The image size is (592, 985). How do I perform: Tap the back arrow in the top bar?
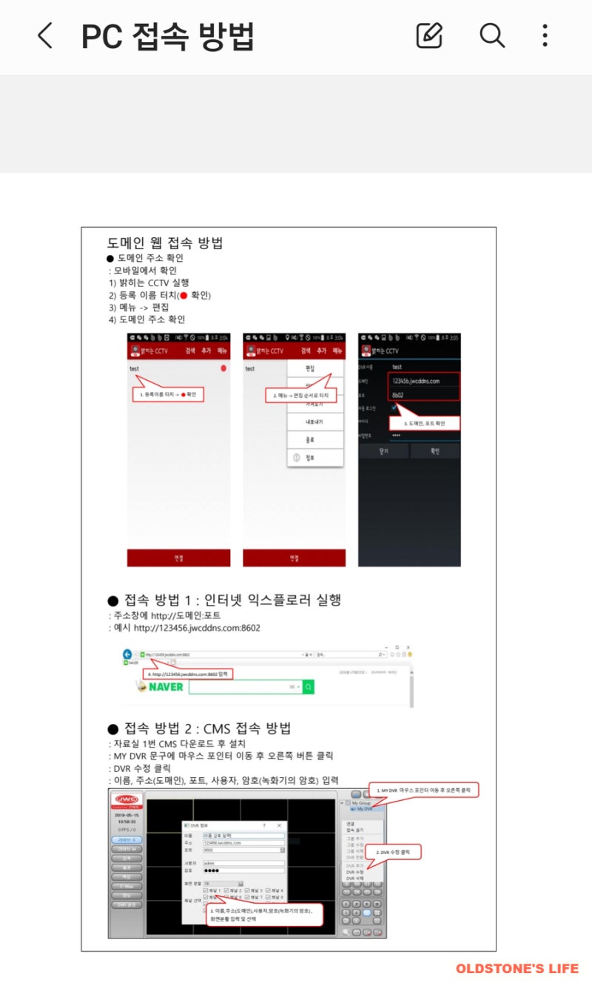click(45, 35)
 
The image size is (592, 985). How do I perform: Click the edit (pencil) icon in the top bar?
click(429, 35)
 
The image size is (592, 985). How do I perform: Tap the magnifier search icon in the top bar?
click(491, 35)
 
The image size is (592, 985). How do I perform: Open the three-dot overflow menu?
click(545, 35)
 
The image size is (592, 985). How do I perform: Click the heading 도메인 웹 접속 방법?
click(165, 243)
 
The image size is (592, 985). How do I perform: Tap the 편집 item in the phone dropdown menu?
click(310, 368)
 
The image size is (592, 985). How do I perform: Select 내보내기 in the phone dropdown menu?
click(314, 422)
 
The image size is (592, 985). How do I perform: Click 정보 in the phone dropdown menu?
click(310, 458)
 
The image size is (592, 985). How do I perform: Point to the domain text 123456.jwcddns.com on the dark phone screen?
click(416, 381)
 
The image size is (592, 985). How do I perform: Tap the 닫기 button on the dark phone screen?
click(383, 450)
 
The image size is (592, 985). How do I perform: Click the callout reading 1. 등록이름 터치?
click(169, 394)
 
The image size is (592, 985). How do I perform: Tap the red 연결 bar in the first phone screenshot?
click(178, 558)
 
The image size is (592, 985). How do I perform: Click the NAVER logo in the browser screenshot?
click(161, 687)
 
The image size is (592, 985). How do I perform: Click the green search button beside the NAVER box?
click(309, 687)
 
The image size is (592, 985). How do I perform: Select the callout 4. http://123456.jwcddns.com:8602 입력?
click(189, 674)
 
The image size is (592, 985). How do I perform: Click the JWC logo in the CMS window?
click(127, 801)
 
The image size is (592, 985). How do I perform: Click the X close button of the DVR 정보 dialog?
click(279, 825)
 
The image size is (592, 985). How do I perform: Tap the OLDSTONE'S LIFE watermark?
click(517, 968)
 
